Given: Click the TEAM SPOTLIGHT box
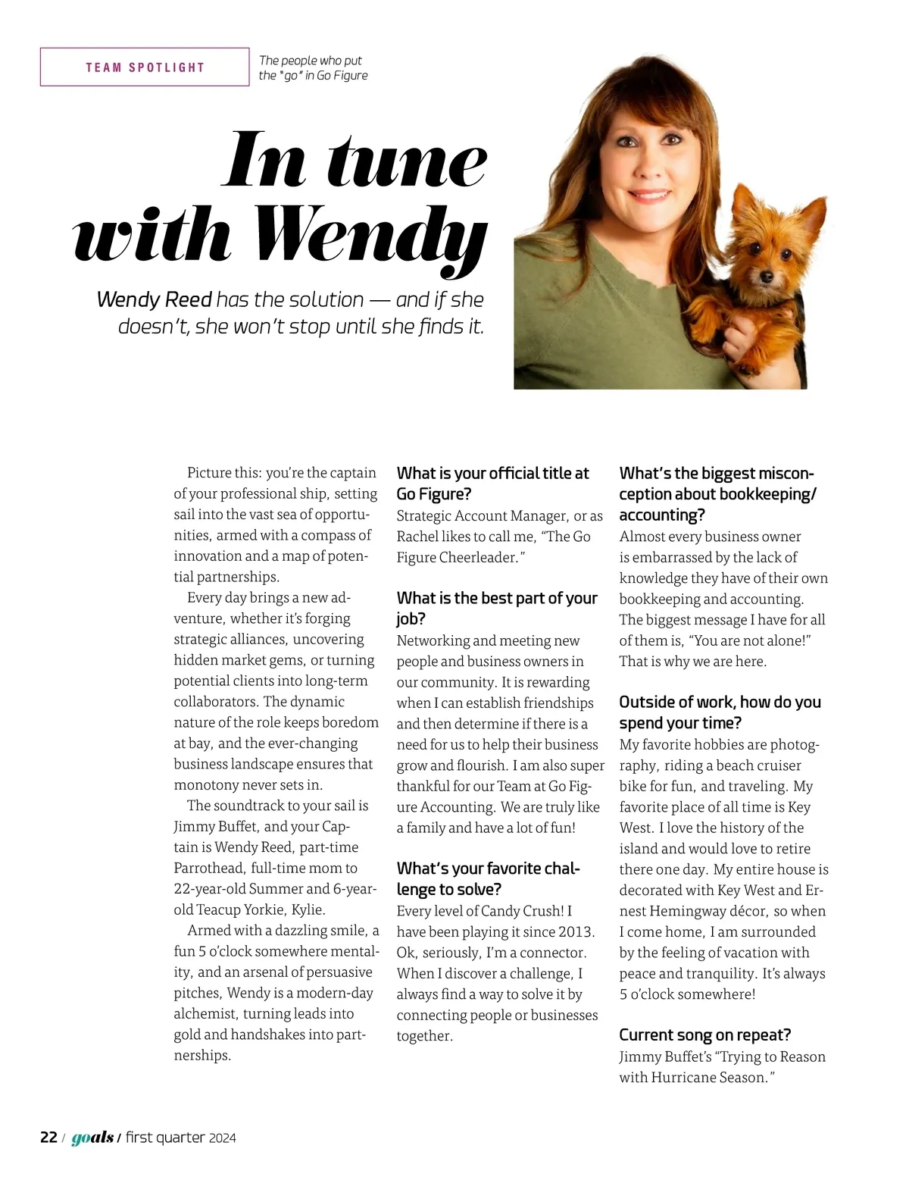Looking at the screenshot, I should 145,67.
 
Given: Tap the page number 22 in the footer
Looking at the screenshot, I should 48,1138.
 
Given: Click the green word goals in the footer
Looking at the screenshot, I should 92,1138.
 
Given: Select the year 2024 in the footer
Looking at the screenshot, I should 223,1138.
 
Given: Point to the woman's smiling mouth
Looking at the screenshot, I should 645,195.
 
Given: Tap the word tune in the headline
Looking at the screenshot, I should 408,161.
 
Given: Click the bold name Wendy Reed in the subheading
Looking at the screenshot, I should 154,299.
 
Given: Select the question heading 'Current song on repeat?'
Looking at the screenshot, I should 705,1035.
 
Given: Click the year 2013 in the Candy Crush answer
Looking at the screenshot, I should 576,932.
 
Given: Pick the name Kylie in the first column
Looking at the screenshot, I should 307,909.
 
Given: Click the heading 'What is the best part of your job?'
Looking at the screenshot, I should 497,608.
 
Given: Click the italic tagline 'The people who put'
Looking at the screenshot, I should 311,61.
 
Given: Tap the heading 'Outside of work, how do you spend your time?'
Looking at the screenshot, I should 720,712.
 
